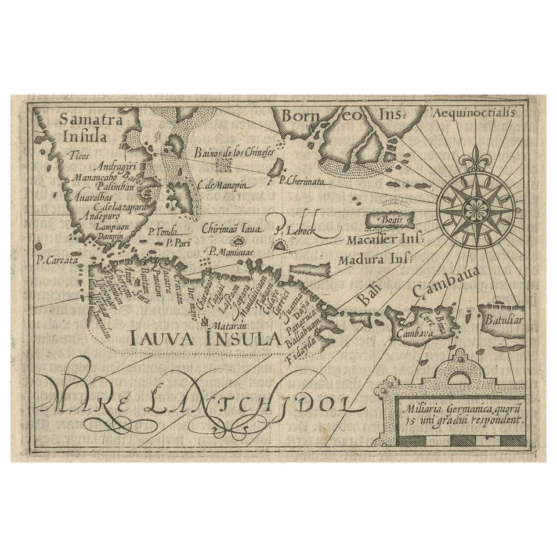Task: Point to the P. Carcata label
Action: (56, 261)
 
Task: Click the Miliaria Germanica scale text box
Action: (462, 417)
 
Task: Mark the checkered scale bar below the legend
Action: (462, 440)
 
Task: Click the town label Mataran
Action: (223, 326)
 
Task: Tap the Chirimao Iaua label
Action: (232, 229)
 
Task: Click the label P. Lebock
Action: (296, 230)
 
